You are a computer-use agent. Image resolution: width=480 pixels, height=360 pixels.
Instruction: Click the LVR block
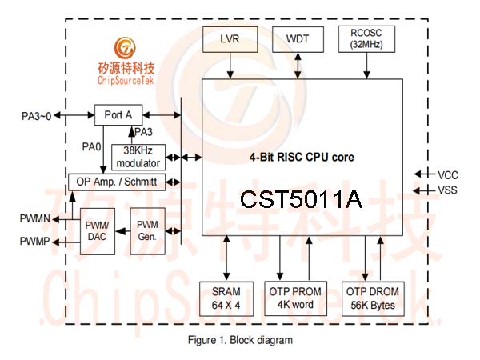tap(230, 39)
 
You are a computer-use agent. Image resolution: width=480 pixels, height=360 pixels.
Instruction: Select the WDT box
tap(298, 39)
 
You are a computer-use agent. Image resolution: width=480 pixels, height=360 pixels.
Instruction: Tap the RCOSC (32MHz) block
tap(366, 39)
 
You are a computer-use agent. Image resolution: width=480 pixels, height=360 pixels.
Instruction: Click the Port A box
tap(118, 114)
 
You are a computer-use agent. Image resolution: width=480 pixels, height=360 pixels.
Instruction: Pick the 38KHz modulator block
tap(138, 157)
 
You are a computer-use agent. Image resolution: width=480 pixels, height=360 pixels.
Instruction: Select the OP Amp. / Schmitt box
tap(117, 182)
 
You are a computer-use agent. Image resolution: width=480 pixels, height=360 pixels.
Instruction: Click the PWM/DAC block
tap(98, 231)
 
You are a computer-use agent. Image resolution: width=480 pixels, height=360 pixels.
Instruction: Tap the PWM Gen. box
tap(147, 231)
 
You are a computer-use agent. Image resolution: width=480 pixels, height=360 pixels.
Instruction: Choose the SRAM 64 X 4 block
tap(226, 298)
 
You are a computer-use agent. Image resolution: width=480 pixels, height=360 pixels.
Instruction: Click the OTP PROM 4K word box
tap(295, 298)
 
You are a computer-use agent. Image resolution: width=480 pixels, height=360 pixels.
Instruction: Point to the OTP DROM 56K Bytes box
tap(373, 298)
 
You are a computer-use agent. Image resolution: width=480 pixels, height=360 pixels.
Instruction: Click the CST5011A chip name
tap(302, 199)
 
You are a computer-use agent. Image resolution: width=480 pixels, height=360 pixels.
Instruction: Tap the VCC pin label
tap(448, 175)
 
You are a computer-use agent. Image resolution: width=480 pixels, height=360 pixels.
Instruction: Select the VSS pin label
tap(447, 190)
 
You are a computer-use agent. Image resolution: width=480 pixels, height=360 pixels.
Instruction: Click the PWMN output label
tap(35, 219)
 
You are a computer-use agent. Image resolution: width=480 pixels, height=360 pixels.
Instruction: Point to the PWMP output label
tap(34, 242)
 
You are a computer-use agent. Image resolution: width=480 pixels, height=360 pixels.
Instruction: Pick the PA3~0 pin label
tap(37, 116)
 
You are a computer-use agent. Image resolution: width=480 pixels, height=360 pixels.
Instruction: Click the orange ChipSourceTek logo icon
tap(125, 48)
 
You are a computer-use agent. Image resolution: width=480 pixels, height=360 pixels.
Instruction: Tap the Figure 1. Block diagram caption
tap(240, 340)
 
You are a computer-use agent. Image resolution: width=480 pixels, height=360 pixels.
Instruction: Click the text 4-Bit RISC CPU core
tap(302, 158)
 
